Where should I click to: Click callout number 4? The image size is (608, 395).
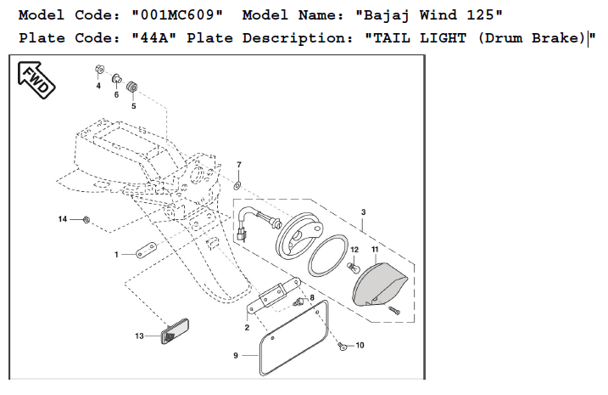pyautogui.click(x=98, y=86)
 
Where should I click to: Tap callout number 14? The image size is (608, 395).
pyautogui.click(x=62, y=219)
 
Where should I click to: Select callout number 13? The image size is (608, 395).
pyautogui.click(x=139, y=336)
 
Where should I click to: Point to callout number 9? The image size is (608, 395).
pyautogui.click(x=236, y=355)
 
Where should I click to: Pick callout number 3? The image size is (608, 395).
pyautogui.click(x=363, y=212)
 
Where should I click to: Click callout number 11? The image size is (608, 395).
pyautogui.click(x=374, y=249)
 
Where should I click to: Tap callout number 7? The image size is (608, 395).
pyautogui.click(x=238, y=164)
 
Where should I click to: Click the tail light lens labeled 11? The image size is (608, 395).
pyautogui.click(x=380, y=284)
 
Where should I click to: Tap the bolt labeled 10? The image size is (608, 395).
pyautogui.click(x=341, y=347)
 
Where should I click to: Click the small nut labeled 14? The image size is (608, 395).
pyautogui.click(x=87, y=220)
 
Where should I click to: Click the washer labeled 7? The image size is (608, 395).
pyautogui.click(x=238, y=183)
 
